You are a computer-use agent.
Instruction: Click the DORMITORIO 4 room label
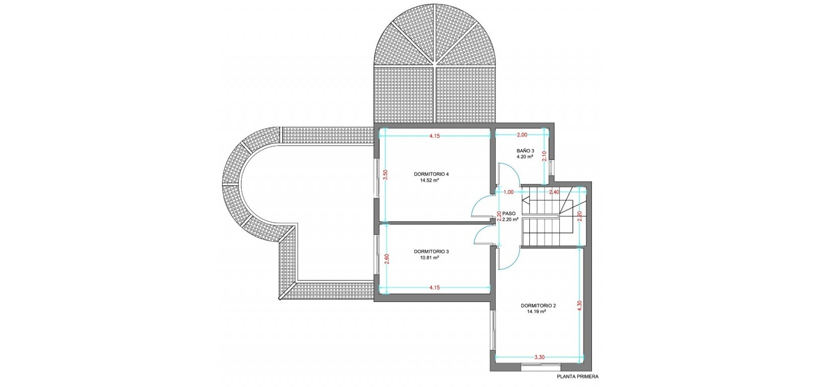click(432, 174)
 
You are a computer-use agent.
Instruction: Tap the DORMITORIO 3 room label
click(432, 251)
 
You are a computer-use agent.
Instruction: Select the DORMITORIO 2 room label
click(538, 305)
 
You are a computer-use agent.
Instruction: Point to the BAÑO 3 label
click(525, 151)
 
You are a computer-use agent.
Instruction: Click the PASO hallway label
click(509, 213)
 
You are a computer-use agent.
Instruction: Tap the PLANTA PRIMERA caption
click(577, 376)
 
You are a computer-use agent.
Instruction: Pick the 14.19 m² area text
click(537, 311)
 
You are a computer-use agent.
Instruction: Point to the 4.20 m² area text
click(524, 156)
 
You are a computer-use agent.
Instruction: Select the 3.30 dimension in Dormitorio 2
click(539, 357)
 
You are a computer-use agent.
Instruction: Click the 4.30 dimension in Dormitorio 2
click(579, 306)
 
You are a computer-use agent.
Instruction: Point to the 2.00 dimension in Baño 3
click(522, 135)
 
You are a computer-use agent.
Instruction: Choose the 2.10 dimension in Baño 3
click(544, 156)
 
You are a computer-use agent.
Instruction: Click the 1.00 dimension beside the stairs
click(508, 192)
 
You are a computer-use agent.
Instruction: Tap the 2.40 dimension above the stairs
click(554, 192)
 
